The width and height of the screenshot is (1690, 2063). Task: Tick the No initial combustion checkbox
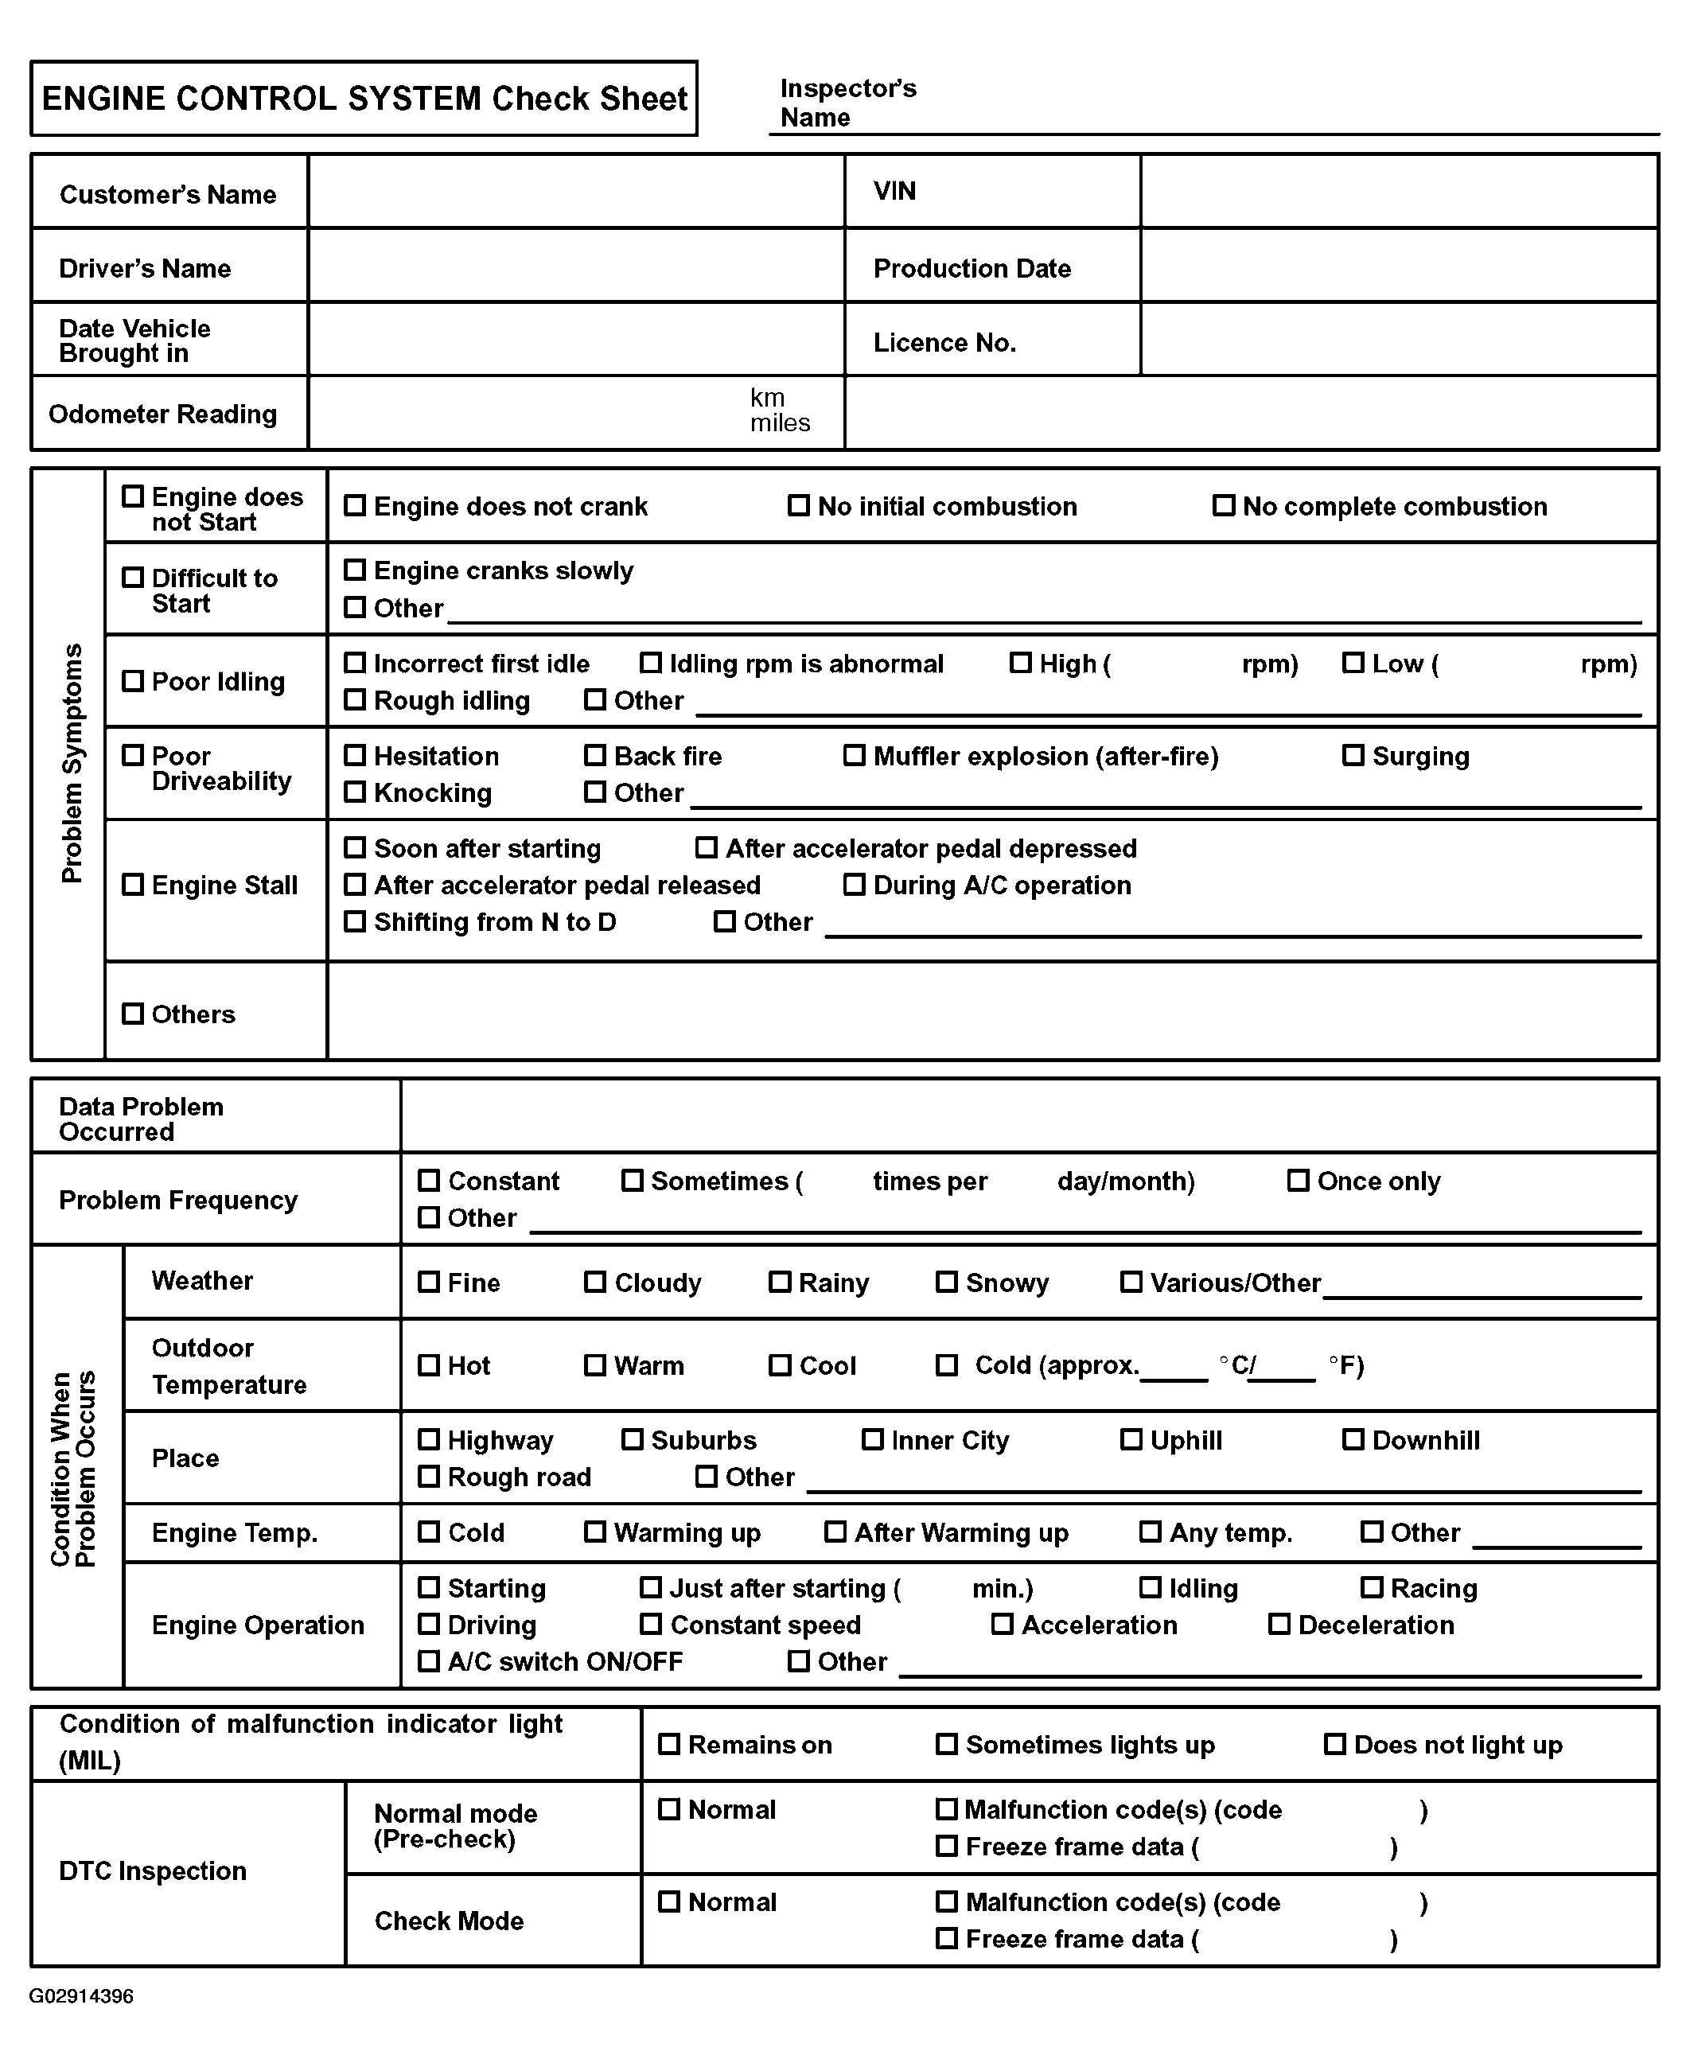pos(798,505)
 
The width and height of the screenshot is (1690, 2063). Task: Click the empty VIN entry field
pos(1399,192)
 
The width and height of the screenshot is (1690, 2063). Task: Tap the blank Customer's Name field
pos(575,192)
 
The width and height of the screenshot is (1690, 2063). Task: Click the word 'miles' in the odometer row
pos(780,423)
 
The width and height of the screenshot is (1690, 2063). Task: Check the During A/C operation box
pos(854,885)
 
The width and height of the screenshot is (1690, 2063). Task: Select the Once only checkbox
pos(1298,1181)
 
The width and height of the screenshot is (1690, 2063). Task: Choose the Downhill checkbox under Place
pos(1353,1440)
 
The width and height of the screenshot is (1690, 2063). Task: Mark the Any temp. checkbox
pos(1150,1532)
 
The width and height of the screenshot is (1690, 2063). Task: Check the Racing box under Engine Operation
pos(1372,1588)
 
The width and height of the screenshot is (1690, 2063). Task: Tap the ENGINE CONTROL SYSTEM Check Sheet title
pos(364,99)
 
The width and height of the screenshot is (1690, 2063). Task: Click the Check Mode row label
pos(449,1921)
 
